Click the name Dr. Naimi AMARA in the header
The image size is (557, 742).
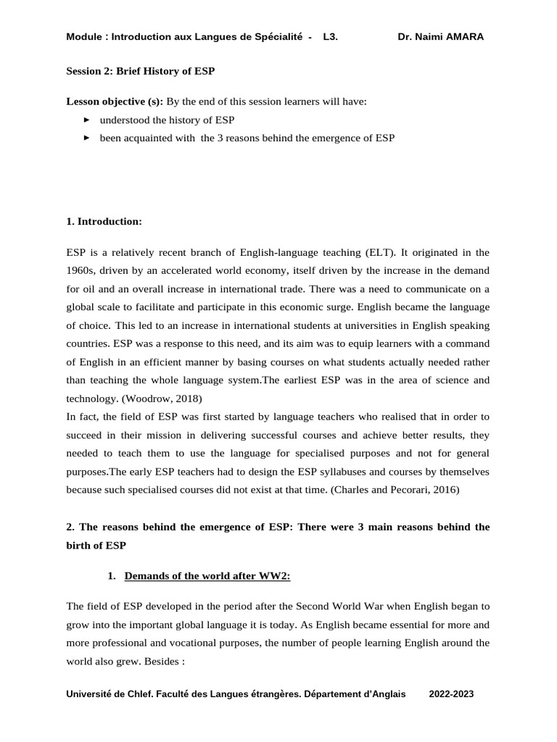(441, 37)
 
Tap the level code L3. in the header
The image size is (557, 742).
(330, 37)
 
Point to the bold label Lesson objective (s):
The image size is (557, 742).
(115, 101)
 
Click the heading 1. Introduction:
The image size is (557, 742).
(104, 221)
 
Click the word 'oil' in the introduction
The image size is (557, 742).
(88, 288)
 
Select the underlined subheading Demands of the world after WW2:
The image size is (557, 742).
(207, 576)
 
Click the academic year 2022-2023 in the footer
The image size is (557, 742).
(451, 693)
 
